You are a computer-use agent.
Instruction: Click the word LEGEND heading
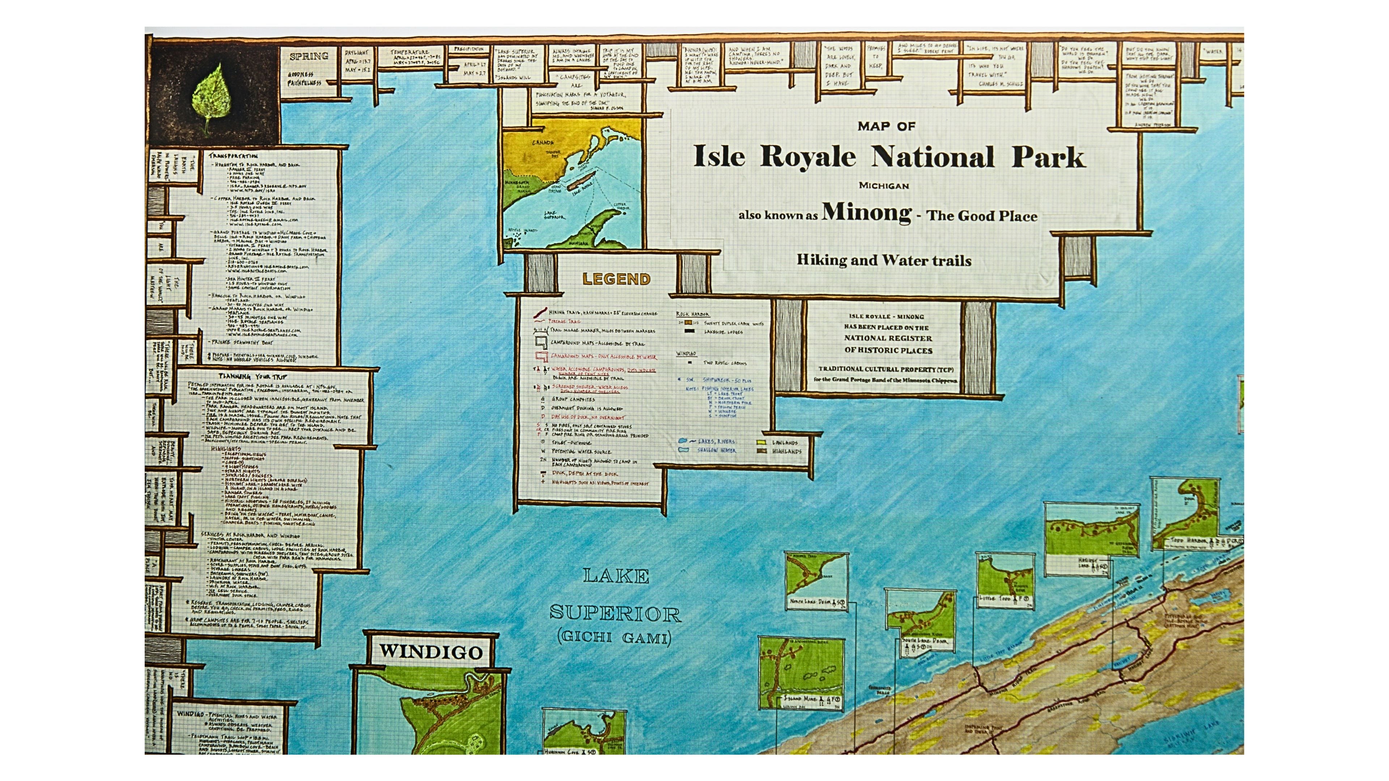(x=616, y=279)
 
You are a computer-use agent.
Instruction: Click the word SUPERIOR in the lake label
(x=615, y=613)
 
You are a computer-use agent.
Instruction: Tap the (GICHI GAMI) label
(x=614, y=637)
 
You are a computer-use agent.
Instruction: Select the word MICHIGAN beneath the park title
(x=884, y=185)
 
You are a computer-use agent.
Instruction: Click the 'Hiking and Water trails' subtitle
(x=884, y=261)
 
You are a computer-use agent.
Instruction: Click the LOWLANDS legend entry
(x=785, y=443)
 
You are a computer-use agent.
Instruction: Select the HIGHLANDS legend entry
(x=786, y=452)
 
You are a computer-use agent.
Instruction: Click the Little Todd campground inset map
(x=1005, y=581)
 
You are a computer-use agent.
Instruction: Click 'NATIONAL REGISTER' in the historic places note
(x=888, y=338)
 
